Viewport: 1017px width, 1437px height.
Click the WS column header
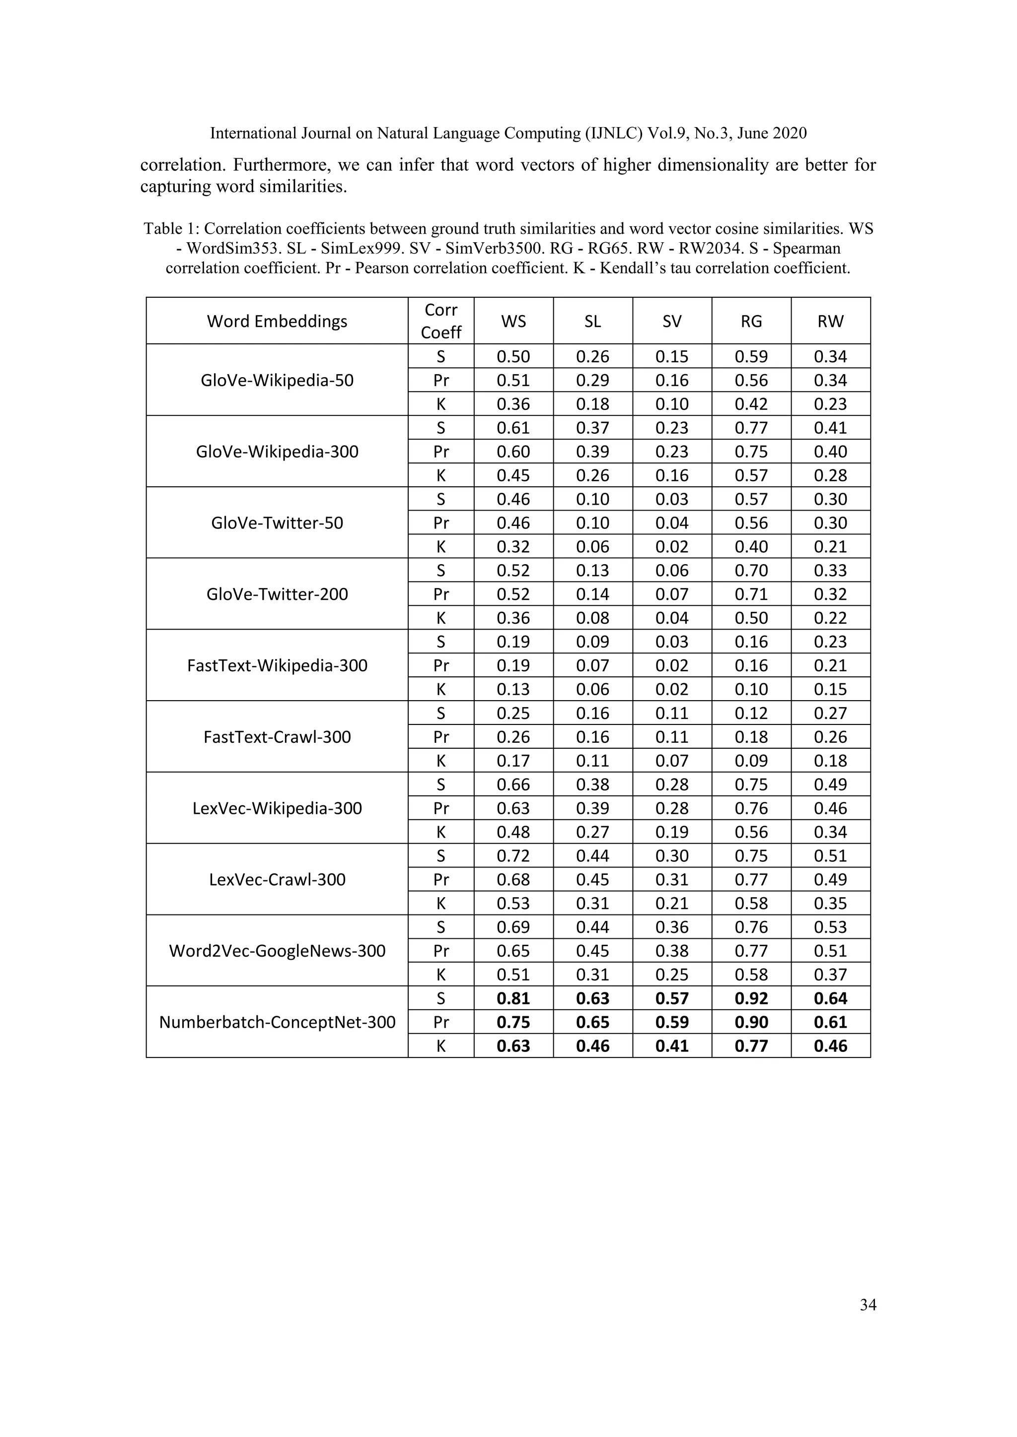click(x=513, y=321)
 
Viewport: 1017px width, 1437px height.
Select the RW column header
click(x=830, y=321)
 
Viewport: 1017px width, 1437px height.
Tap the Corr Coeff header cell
click(x=441, y=321)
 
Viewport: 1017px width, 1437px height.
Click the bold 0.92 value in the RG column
click(x=751, y=998)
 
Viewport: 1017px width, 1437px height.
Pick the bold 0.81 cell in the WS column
click(x=513, y=998)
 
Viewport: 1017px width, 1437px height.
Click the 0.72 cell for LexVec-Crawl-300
click(x=513, y=855)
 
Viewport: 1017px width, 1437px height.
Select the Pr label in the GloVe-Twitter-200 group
click(x=441, y=594)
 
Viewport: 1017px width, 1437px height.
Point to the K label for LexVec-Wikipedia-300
click(x=441, y=832)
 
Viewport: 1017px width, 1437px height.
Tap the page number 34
click(x=868, y=1305)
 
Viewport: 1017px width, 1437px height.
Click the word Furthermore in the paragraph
click(x=282, y=165)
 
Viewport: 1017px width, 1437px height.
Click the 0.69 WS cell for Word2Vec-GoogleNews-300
click(x=513, y=927)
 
